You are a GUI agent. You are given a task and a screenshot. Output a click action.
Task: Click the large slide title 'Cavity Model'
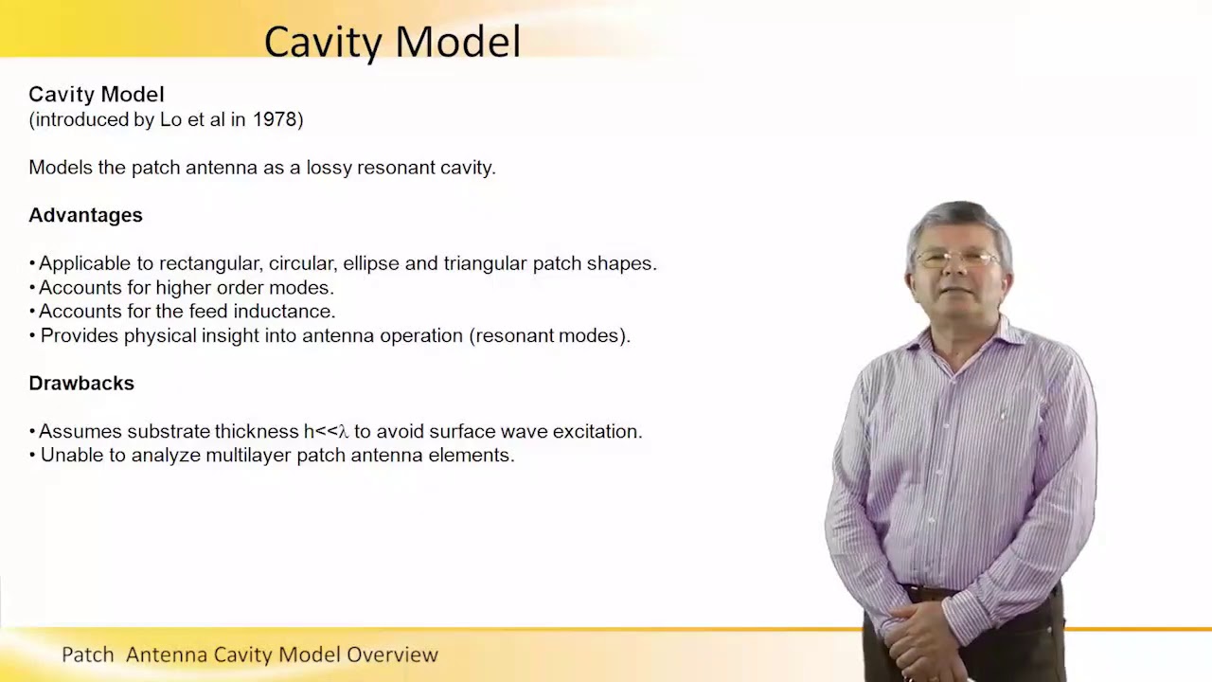pyautogui.click(x=392, y=42)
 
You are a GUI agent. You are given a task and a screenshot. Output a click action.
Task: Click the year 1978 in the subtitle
pyautogui.click(x=276, y=120)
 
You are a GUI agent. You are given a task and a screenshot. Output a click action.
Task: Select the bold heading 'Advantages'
pyautogui.click(x=85, y=215)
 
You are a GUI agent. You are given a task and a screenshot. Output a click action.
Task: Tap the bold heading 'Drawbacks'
pyautogui.click(x=81, y=383)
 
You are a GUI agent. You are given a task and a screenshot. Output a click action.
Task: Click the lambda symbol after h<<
pyautogui.click(x=344, y=432)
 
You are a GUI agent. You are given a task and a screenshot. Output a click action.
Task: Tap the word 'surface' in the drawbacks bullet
pyautogui.click(x=461, y=432)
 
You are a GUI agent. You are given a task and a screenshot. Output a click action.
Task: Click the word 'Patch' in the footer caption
pyautogui.click(x=87, y=655)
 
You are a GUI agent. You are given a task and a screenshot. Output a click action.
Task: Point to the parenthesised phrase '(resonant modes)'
pyautogui.click(x=549, y=335)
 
